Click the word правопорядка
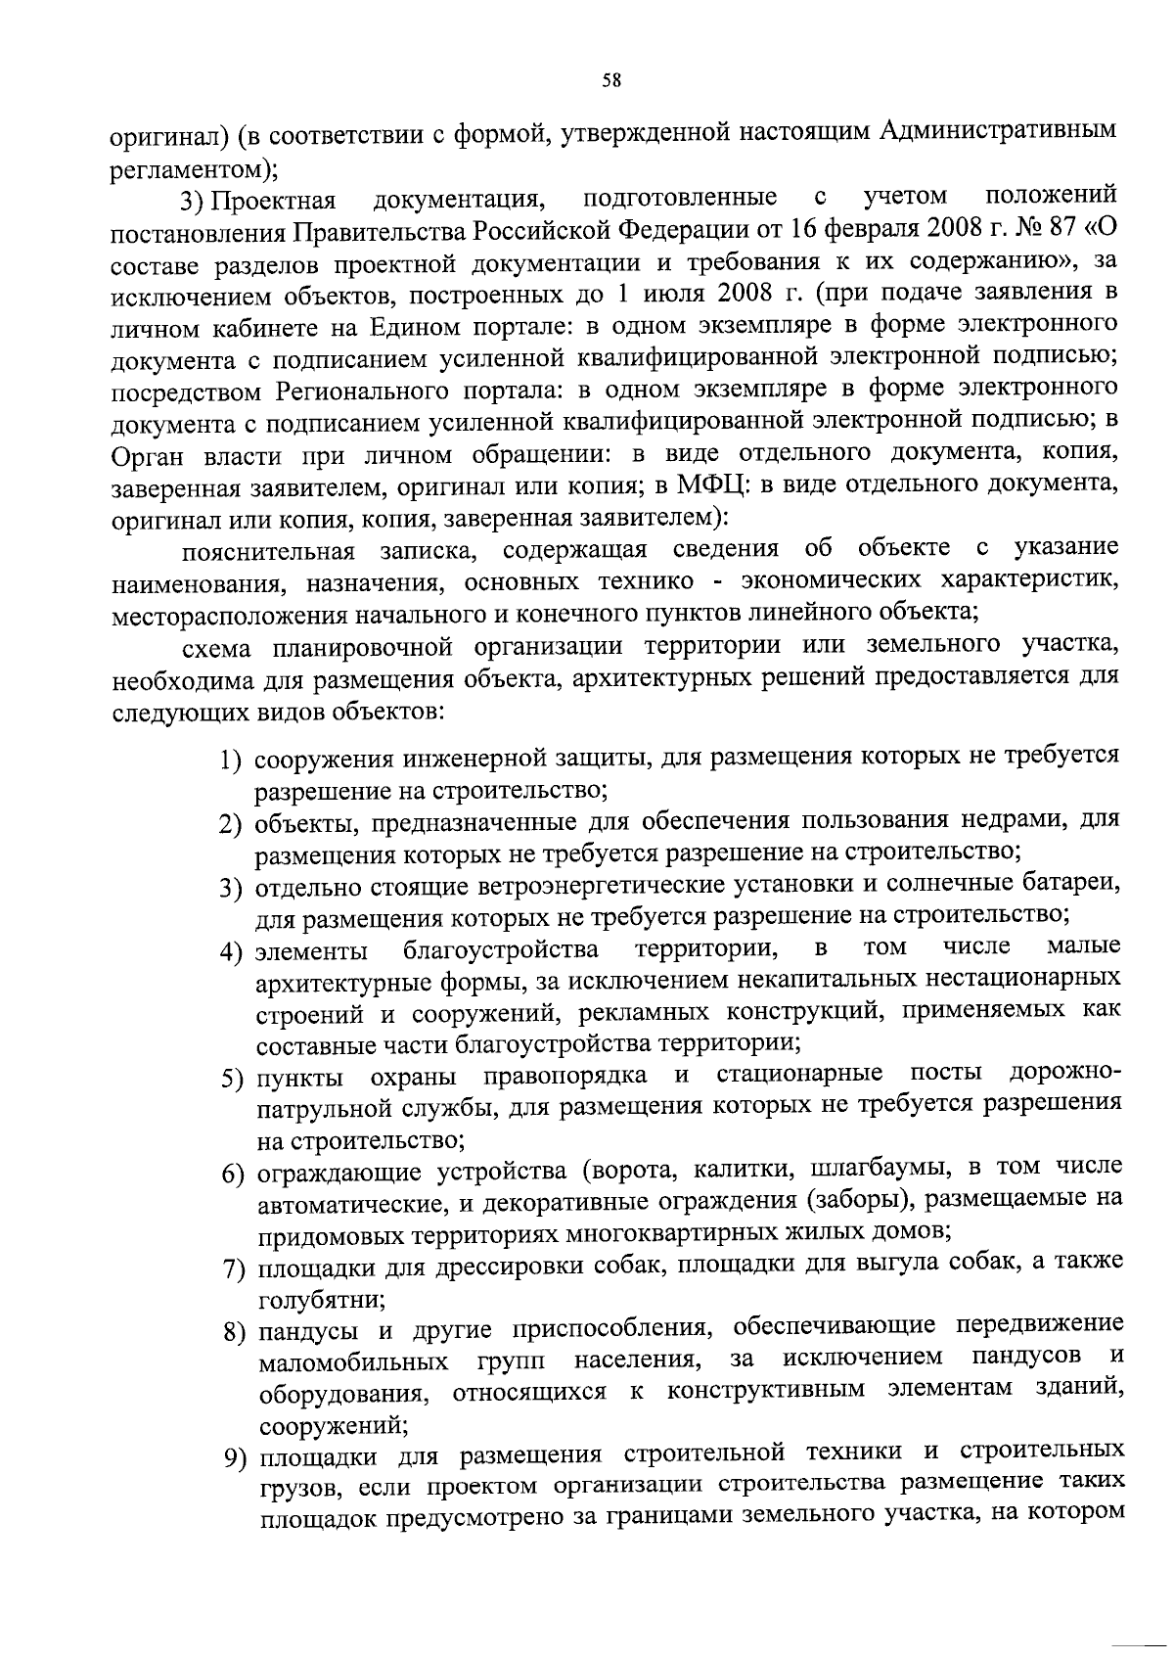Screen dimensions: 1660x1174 [564, 1078]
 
